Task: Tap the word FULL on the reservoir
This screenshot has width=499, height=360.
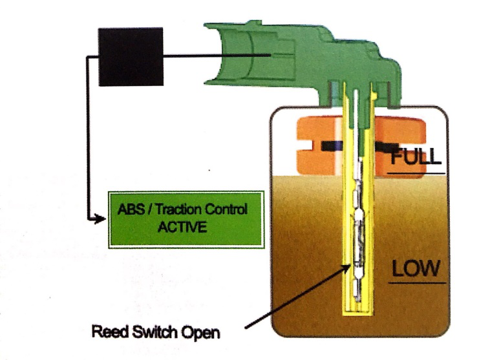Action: point(416,156)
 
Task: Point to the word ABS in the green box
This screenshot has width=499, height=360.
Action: point(131,211)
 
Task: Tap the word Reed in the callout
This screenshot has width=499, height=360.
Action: point(107,334)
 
